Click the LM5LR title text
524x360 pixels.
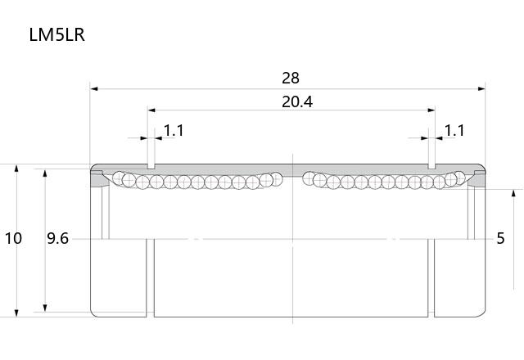pyautogui.click(x=56, y=34)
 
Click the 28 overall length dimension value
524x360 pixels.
pyautogui.click(x=291, y=79)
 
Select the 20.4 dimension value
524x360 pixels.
pyautogui.click(x=297, y=101)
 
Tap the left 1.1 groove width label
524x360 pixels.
pyautogui.click(x=174, y=131)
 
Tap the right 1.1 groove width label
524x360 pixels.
pyautogui.click(x=454, y=131)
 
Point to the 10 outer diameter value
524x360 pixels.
pyautogui.click(x=13, y=238)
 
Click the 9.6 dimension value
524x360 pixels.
pyautogui.click(x=57, y=238)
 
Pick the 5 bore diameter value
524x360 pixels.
pyautogui.click(x=500, y=238)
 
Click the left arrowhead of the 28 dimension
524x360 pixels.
pyautogui.click(x=94, y=89)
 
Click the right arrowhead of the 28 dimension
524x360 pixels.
pyautogui.click(x=481, y=89)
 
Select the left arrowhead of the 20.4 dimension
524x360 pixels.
pyautogui.click(x=151, y=110)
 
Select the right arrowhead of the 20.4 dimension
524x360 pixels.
pyautogui.click(x=431, y=110)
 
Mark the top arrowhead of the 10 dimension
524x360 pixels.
pyautogui.click(x=16, y=168)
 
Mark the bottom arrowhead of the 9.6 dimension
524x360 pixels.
pyautogui.click(x=45, y=308)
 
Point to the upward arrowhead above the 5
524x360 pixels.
pyautogui.click(x=514, y=193)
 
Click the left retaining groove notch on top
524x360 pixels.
pyautogui.click(x=151, y=166)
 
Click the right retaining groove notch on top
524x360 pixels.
pyautogui.click(x=431, y=166)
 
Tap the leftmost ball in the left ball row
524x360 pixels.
pyautogui.click(x=118, y=178)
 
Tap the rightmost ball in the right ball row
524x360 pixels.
pyautogui.click(x=459, y=178)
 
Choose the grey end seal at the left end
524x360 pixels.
pyautogui.click(x=98, y=179)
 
